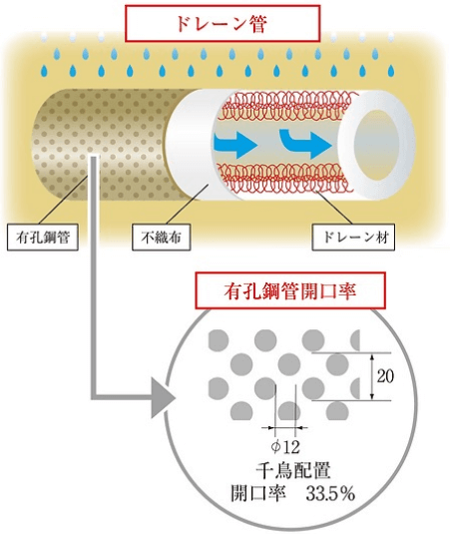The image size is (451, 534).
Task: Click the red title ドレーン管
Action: [x=223, y=24]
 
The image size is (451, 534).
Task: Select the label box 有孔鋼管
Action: [x=43, y=237]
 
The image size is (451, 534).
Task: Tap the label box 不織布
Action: [x=161, y=237]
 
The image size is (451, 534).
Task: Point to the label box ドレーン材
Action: [x=353, y=237]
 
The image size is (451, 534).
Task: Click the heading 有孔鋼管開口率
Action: [x=290, y=290]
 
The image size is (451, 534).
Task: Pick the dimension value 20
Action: [x=385, y=376]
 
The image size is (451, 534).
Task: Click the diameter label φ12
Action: [x=285, y=447]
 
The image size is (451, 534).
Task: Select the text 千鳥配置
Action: [x=293, y=471]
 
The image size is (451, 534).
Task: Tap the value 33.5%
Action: [x=330, y=494]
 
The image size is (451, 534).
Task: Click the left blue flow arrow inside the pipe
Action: [x=235, y=146]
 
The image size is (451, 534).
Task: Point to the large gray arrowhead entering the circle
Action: [x=163, y=398]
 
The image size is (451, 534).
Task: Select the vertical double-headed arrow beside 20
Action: [x=372, y=376]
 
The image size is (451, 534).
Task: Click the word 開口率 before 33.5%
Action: [x=258, y=494]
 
